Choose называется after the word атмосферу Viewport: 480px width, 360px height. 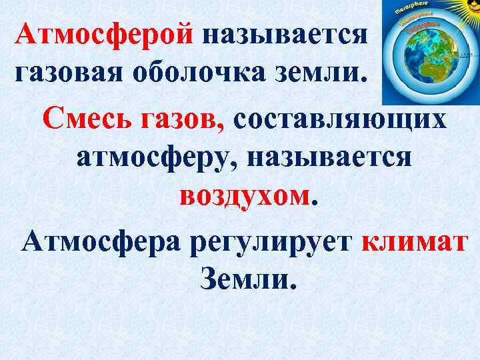[330, 159]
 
